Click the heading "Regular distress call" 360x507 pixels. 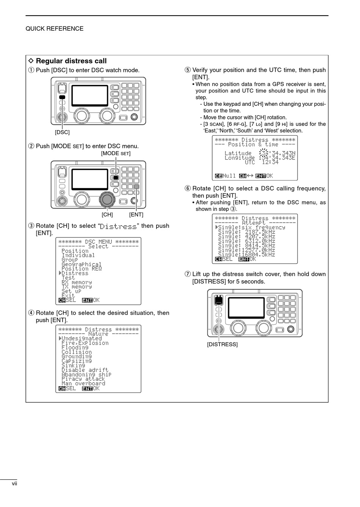(71, 61)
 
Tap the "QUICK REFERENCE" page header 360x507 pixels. (55, 29)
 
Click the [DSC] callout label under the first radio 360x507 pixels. (62, 132)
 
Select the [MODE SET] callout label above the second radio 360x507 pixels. (116, 154)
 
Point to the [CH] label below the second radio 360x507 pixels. (107, 215)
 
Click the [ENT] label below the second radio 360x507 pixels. (136, 215)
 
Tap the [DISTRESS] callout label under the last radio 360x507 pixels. (222, 344)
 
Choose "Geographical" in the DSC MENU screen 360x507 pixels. (81, 264)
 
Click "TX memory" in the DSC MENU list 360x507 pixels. (77, 287)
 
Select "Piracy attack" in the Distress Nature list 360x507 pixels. (83, 379)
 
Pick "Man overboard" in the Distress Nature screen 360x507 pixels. (83, 383)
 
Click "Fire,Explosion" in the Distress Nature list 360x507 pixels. (85, 343)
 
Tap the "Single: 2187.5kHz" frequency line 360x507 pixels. (246, 232)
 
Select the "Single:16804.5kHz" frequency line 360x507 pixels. (246, 255)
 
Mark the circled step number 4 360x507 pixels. (31, 313)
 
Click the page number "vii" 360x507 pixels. (14, 483)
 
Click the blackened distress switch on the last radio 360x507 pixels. (219, 301)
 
